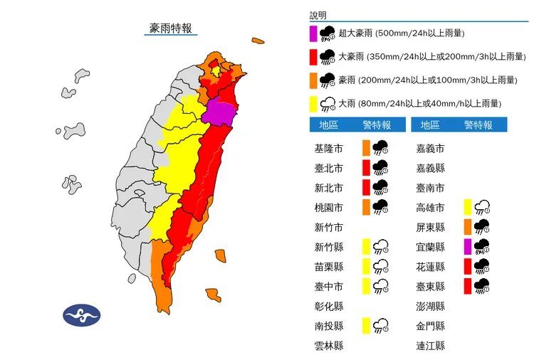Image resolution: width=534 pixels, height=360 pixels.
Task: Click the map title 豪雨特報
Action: [x=170, y=28]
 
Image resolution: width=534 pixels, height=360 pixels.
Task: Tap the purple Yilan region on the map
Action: [x=219, y=112]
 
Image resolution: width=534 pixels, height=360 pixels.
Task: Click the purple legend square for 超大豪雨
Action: [x=313, y=33]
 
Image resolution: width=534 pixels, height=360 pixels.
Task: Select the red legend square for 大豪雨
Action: [x=313, y=57]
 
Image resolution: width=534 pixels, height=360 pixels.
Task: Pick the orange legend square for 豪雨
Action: [x=313, y=80]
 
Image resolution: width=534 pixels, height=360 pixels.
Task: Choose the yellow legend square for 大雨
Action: [x=313, y=104]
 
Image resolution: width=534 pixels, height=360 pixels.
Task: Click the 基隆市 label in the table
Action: [x=328, y=149]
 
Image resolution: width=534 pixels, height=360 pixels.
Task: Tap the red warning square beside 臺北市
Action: [x=366, y=169]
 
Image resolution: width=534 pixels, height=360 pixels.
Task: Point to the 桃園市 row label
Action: [x=328, y=208]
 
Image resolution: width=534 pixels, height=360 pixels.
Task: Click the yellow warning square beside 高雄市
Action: [x=468, y=208]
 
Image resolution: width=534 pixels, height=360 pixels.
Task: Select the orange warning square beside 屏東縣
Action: [x=468, y=228]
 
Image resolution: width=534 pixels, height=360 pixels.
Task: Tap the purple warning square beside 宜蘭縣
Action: [x=468, y=247]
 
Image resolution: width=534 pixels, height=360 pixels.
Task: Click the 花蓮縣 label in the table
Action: [x=431, y=267]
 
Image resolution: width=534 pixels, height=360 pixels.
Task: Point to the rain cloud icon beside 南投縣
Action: [x=382, y=326]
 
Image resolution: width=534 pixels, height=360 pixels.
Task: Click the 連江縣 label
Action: [x=431, y=346]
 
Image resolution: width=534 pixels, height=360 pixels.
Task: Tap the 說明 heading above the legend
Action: [x=318, y=15]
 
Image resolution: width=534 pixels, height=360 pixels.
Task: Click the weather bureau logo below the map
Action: [x=82, y=315]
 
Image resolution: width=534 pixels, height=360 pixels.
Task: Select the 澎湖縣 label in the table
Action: [x=431, y=306]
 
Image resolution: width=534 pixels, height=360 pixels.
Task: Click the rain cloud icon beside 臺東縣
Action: [x=483, y=286]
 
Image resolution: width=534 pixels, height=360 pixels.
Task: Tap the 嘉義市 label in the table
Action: [x=431, y=149]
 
